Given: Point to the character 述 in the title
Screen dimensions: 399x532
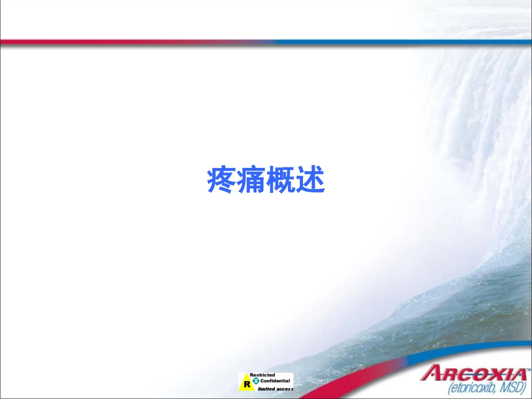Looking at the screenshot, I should pos(311,181).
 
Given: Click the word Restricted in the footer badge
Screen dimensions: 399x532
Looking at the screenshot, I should pos(262,375).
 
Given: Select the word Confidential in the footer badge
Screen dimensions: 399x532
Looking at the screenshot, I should pos(275,381).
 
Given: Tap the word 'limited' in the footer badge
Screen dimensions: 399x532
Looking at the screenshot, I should pos(266,388).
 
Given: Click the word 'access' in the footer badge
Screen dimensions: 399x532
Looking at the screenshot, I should pos(284,388).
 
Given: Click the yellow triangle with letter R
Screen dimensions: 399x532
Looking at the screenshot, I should pos(245,384).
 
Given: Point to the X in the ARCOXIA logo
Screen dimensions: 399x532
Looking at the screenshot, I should pos(493,373).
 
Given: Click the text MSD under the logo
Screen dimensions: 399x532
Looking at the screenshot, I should pos(513,387).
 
